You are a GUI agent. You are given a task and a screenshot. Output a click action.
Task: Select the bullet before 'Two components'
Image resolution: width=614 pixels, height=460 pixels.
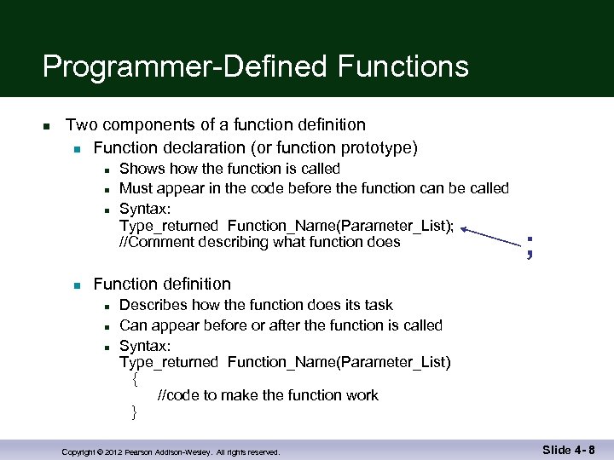[x=48, y=126]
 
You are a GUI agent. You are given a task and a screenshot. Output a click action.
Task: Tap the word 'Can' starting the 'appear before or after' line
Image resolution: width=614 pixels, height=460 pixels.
[x=132, y=325]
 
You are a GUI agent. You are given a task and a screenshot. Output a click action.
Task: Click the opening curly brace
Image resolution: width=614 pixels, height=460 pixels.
[x=135, y=379]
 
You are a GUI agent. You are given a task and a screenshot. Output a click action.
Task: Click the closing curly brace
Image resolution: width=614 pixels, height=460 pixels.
[x=134, y=413]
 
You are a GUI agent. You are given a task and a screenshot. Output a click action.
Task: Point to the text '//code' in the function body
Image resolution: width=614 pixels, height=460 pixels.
[x=177, y=395]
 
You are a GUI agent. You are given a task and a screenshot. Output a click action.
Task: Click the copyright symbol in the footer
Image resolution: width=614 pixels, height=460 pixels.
[x=98, y=452]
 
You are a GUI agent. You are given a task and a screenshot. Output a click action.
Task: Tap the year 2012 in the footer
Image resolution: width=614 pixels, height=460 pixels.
[x=114, y=452]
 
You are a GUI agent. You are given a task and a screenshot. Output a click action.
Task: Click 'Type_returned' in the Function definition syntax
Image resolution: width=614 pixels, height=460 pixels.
[x=169, y=362]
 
